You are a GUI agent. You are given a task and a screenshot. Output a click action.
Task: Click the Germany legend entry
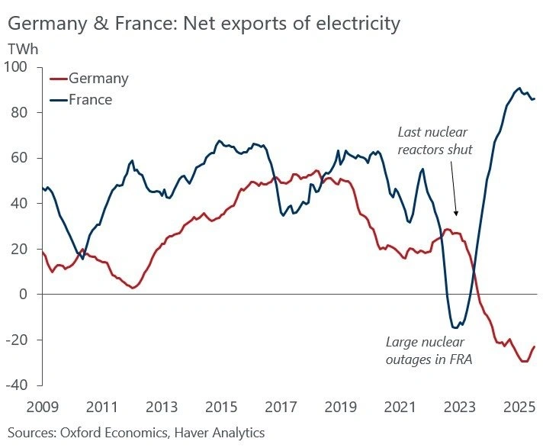(x=98, y=79)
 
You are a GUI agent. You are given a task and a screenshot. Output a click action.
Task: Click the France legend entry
(x=90, y=99)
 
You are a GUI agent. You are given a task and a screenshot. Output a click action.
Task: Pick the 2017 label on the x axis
(x=282, y=404)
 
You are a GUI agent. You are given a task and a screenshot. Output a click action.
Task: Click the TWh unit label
(x=22, y=48)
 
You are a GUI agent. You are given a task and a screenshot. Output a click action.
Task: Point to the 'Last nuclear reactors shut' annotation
(x=435, y=140)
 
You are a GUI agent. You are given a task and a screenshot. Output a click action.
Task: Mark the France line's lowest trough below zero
(x=455, y=327)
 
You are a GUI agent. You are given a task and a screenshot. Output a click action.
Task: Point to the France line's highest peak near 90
(x=519, y=88)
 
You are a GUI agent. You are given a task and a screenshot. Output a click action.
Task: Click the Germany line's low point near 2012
(x=133, y=288)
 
